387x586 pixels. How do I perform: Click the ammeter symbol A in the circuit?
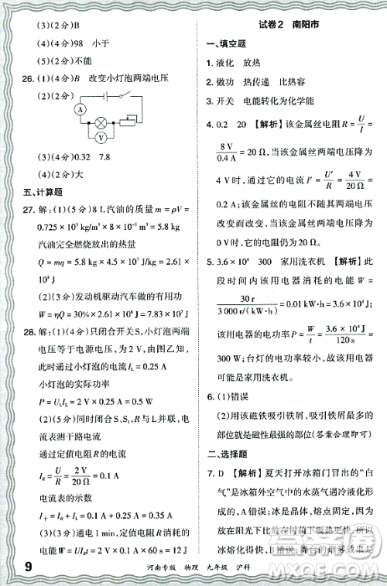pos(80,110)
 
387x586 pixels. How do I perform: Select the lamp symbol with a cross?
pos(99,122)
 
